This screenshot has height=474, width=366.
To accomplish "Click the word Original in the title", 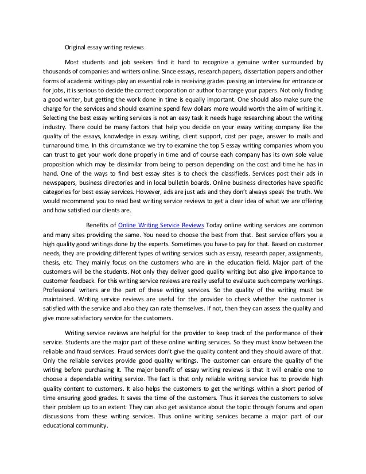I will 77,48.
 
